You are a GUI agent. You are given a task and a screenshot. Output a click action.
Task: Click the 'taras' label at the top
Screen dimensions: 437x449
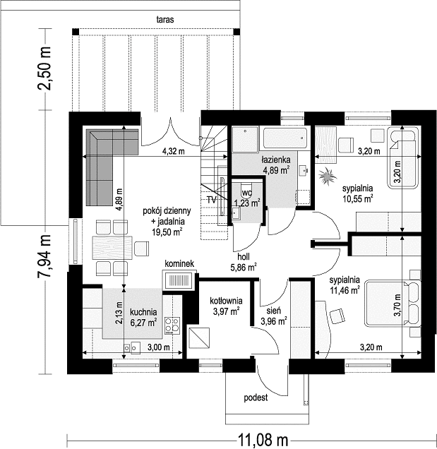coord(165,20)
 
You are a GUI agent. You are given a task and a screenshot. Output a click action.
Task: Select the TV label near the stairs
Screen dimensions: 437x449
coord(212,200)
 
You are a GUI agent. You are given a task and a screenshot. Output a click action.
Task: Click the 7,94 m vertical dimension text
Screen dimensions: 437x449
coord(44,256)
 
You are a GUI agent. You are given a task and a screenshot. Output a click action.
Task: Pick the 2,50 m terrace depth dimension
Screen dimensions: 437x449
coord(44,68)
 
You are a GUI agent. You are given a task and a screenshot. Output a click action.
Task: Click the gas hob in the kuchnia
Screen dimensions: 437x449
coord(172,325)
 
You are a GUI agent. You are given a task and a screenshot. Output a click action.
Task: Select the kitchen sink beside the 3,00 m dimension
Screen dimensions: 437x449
coord(132,347)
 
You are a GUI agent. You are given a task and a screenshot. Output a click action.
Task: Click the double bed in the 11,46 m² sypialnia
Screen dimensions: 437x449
coord(393,304)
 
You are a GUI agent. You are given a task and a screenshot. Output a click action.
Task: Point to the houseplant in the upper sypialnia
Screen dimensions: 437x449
coord(326,176)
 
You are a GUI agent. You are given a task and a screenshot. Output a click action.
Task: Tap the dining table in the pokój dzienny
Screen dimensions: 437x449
coord(112,248)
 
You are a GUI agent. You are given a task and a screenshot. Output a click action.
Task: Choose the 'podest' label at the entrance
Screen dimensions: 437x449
coord(256,397)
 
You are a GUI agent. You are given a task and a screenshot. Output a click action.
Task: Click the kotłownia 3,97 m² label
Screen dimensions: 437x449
coord(226,306)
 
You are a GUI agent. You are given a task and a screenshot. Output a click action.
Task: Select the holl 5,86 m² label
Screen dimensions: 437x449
coord(243,262)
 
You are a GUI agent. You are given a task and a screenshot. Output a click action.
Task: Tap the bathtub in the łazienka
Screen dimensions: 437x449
coord(285,139)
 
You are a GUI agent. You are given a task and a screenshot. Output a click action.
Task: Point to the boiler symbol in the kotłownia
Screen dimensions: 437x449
coord(199,338)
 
